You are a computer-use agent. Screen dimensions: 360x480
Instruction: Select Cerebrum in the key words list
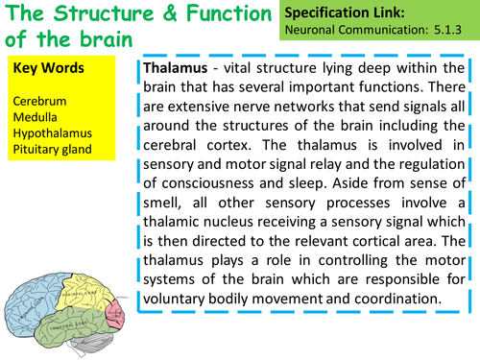[38, 99]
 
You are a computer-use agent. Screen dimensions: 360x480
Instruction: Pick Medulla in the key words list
[35, 115]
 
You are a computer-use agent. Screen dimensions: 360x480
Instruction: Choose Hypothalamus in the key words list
[49, 132]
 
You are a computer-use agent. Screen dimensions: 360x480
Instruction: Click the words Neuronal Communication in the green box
[359, 33]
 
